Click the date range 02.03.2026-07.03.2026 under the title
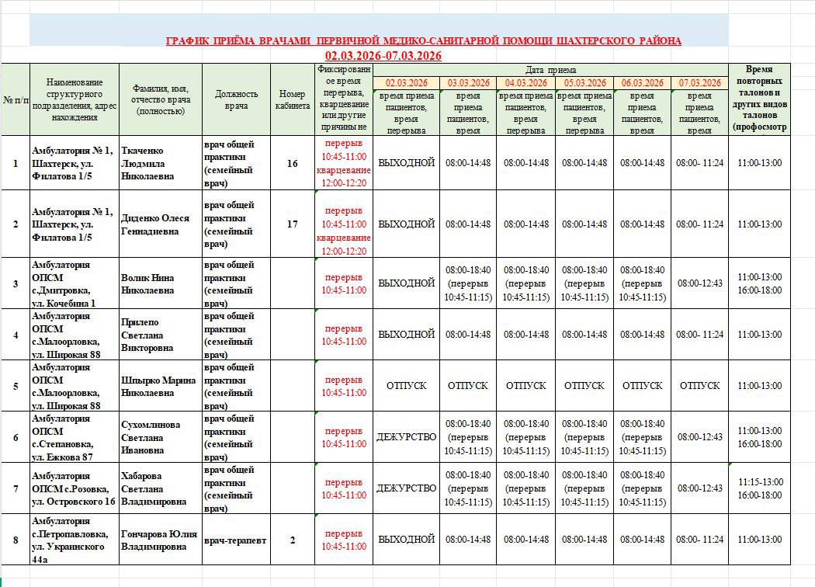click(383, 56)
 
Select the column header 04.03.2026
click(526, 82)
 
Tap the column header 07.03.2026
click(699, 82)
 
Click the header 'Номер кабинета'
click(292, 99)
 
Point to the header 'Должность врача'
click(236, 99)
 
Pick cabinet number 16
click(292, 163)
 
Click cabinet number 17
click(292, 224)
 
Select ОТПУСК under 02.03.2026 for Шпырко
click(406, 386)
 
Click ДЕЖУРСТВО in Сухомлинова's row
click(406, 437)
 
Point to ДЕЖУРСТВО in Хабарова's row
click(406, 488)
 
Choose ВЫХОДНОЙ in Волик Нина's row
click(406, 283)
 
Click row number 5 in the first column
click(15, 386)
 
